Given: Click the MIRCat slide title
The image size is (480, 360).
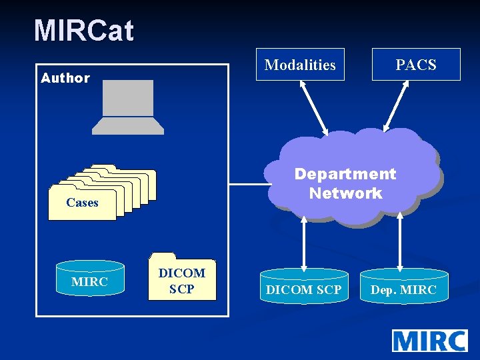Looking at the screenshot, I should pos(84,31).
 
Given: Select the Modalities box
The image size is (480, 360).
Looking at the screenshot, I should pos(300,65).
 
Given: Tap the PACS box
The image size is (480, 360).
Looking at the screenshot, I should pos(415,65).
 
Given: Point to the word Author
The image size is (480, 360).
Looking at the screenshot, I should pos(65,78).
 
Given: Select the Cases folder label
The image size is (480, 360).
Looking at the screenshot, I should pos(82,203).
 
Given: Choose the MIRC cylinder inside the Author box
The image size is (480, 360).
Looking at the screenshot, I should pos(89,281).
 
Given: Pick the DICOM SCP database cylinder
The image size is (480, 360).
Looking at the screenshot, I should pos(303,289).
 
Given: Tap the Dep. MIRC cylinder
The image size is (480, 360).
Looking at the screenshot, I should pos(403,289).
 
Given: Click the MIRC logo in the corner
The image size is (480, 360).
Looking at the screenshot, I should pos(429,340).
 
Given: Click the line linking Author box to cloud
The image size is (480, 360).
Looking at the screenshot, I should pos(248,183).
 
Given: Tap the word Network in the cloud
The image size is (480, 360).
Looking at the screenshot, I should pos(345,193).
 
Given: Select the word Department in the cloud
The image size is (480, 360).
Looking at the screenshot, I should pos(345,174).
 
